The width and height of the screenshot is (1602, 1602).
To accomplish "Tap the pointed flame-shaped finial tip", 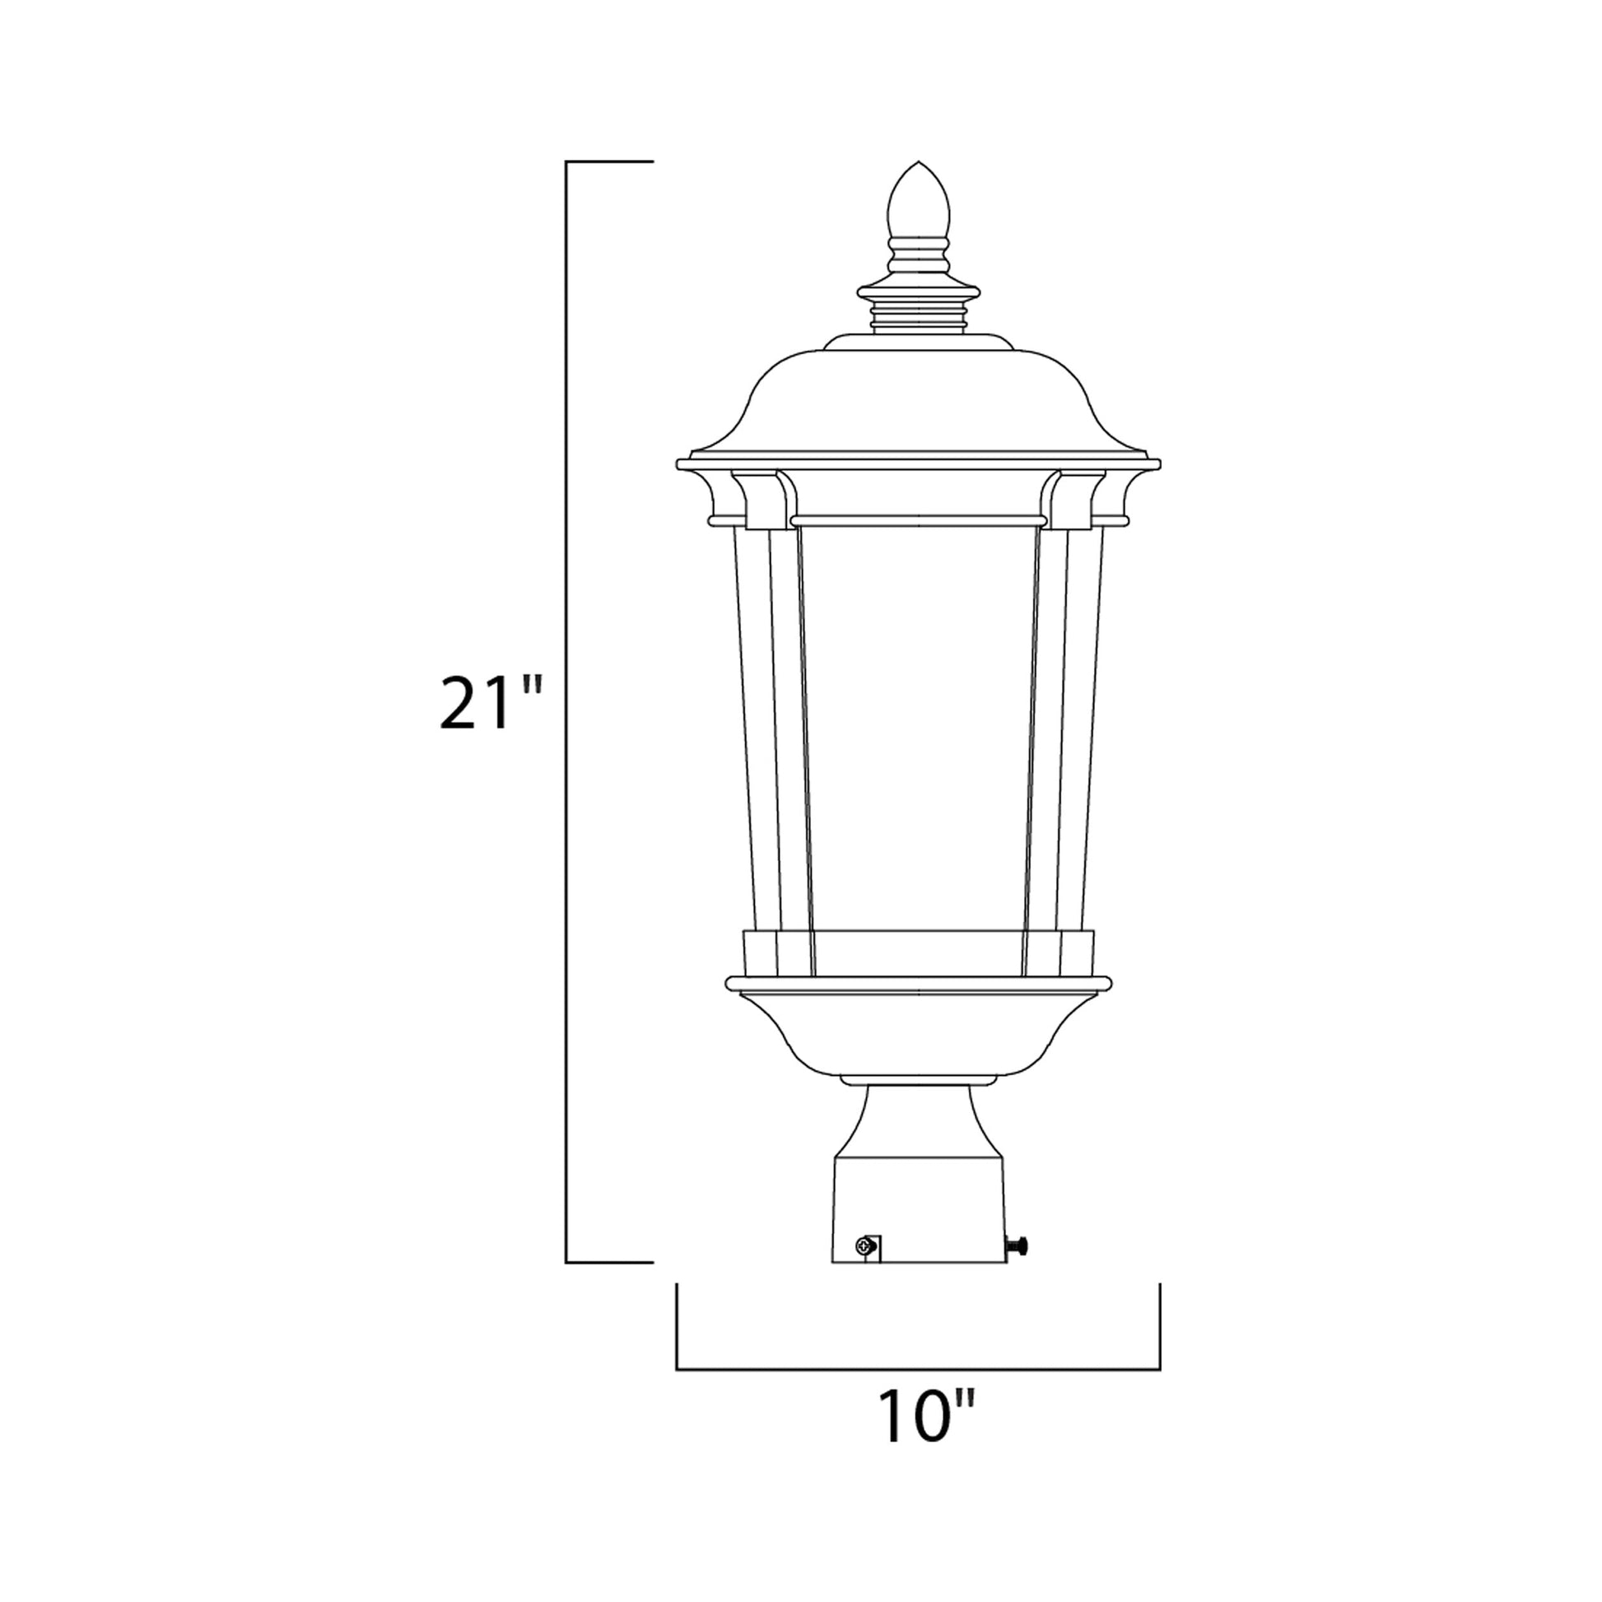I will coord(918,199).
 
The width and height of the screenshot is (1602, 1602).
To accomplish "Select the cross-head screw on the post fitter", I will coord(865,1269).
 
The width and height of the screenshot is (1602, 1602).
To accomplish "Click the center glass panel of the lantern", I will coord(918,729).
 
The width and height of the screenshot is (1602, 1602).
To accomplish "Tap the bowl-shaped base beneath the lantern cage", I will coord(918,1033).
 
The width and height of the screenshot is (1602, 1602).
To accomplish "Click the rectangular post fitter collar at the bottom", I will coord(918,1219).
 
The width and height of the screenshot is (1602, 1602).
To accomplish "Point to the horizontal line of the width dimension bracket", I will coord(918,1369).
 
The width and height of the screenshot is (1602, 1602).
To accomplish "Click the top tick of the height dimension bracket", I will coord(609,161).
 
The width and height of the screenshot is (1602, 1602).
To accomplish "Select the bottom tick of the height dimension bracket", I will coord(609,1286).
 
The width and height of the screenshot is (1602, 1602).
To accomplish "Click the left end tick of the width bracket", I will coord(677,1327).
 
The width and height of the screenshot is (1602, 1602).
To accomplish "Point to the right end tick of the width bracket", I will coord(1159,1327).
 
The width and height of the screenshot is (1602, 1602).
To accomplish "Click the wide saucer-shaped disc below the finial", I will coord(918,292).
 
